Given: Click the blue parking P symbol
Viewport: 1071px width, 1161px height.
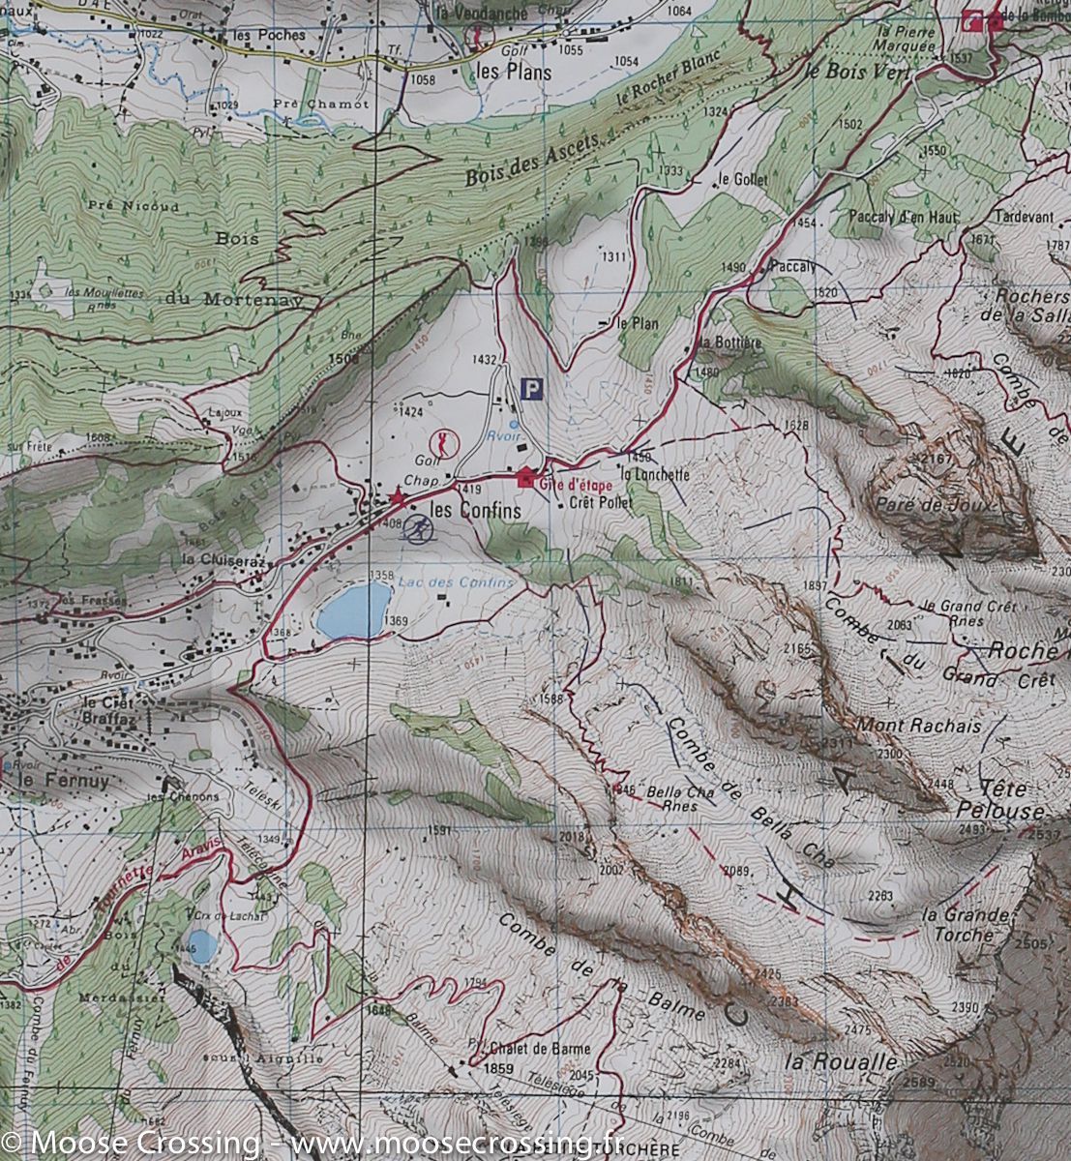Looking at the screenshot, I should coord(531,389).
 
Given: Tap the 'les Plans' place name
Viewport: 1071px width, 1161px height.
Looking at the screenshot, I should coord(514,72).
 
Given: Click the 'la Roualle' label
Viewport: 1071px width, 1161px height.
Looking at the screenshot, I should coord(842,1060).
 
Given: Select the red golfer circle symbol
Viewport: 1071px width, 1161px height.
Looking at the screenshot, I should coord(444,444).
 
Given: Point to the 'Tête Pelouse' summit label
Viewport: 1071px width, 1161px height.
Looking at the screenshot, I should coord(1013,799).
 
